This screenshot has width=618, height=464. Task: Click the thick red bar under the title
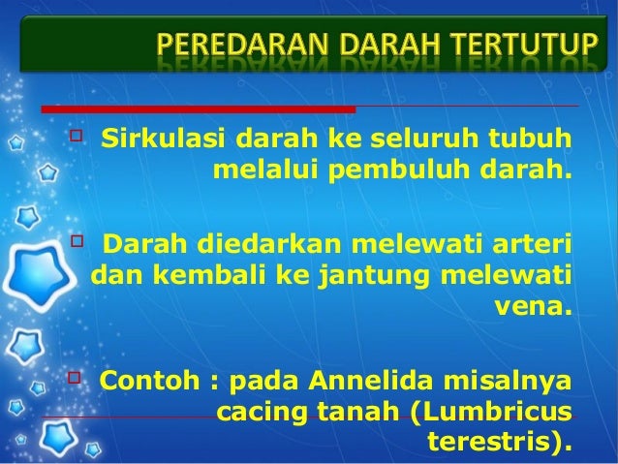[198, 108]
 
